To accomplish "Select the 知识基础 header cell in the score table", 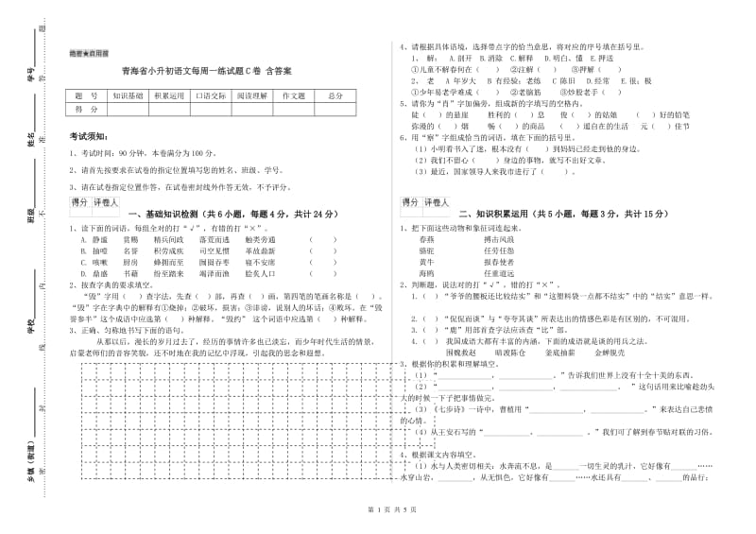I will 128,95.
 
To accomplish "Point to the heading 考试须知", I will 90,137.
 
